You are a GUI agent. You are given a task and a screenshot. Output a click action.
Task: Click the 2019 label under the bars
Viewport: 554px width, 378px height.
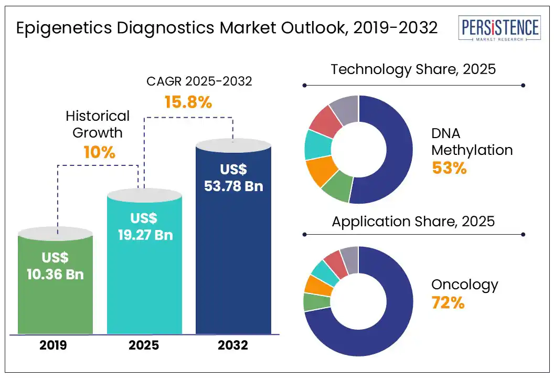pos(55,345)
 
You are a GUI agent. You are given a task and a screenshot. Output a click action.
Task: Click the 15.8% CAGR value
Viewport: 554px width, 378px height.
pos(188,102)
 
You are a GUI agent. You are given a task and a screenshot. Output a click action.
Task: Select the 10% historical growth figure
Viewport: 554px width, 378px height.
pos(99,152)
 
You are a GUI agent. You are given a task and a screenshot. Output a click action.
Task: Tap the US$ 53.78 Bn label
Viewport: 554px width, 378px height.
pos(234,178)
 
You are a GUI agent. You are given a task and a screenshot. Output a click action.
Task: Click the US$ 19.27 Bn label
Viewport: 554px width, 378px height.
pos(144,227)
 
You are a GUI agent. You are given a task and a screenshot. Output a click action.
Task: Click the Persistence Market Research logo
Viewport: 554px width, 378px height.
pos(499,29)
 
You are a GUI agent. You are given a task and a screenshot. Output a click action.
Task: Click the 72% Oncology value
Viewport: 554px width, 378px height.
pos(448,303)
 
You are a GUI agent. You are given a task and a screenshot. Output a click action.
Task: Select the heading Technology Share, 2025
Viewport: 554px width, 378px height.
pos(413,69)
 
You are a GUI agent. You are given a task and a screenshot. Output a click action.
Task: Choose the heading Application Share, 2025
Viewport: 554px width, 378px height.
pos(413,221)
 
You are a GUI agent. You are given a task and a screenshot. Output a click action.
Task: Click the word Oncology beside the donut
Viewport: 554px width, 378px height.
pos(465,285)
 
